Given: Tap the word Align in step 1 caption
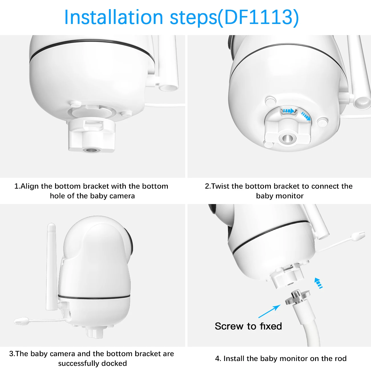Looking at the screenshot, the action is [x=29, y=186].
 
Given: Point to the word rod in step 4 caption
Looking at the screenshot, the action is [x=341, y=358].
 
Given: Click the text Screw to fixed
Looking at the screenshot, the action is [x=248, y=326].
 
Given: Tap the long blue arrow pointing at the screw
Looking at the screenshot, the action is [x=269, y=311].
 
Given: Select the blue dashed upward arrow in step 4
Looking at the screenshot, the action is [x=318, y=283].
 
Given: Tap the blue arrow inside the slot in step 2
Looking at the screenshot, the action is [x=289, y=111].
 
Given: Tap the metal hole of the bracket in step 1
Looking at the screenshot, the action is [x=91, y=150].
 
